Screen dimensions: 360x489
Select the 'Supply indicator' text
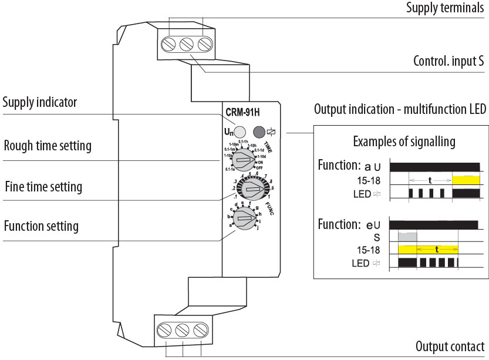pyautogui.click(x=40, y=103)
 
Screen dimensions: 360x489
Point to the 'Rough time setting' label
pyautogui.click(x=48, y=145)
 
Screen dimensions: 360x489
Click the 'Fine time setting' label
pyautogui.click(x=43, y=187)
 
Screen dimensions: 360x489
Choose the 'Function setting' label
pyautogui.click(x=41, y=226)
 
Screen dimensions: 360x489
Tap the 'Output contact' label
pyautogui.click(x=450, y=346)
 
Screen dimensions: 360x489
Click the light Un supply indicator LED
pyautogui.click(x=239, y=132)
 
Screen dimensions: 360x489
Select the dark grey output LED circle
pyautogui.click(x=258, y=132)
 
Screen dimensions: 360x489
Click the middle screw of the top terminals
pyautogui.click(x=187, y=44)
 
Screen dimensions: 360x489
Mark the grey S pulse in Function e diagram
pyautogui.click(x=407, y=237)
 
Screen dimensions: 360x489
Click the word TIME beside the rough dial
pyautogui.click(x=268, y=147)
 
